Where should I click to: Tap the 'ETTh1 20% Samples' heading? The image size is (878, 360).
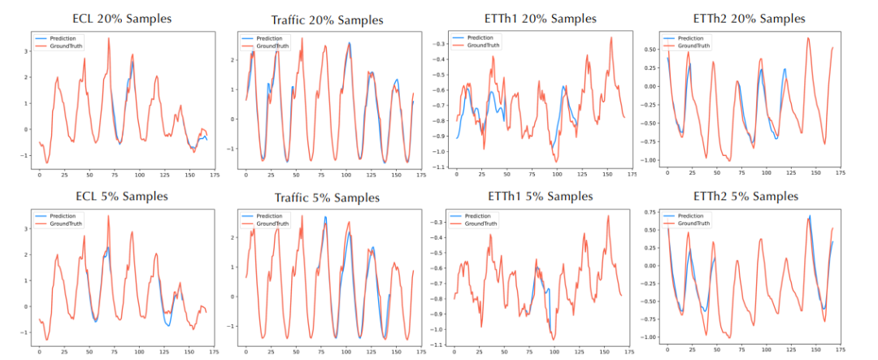pyautogui.click(x=537, y=18)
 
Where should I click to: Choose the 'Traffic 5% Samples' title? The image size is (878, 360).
pyautogui.click(x=324, y=198)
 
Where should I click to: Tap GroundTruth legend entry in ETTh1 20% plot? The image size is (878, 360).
pyautogui.click(x=484, y=46)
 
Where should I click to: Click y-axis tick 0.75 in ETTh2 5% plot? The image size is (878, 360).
pyautogui.click(x=649, y=214)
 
